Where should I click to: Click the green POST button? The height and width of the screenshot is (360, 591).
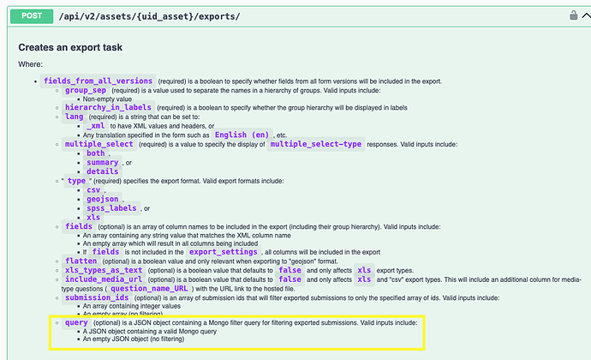[x=32, y=16]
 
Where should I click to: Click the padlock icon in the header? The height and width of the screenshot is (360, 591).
[x=573, y=15]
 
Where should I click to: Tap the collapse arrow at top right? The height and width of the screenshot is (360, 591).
[x=587, y=15]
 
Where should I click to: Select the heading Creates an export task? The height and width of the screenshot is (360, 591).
[x=70, y=47]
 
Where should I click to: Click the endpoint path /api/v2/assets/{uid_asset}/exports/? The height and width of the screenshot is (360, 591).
[x=149, y=16]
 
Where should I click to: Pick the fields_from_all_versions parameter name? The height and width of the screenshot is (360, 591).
[x=98, y=81]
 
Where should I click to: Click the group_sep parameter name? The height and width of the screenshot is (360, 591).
[x=86, y=91]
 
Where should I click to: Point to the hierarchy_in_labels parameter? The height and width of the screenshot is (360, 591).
[x=108, y=107]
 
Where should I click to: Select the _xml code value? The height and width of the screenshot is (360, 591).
[x=95, y=126]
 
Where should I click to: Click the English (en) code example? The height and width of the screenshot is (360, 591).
[x=242, y=135]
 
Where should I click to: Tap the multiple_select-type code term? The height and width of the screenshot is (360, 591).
[x=316, y=144]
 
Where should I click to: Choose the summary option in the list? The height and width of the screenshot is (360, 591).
[x=103, y=163]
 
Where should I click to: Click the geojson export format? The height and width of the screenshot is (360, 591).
[x=103, y=199]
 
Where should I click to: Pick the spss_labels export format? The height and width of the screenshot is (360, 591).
[x=111, y=208]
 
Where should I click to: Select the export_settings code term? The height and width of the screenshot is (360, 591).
[x=224, y=252]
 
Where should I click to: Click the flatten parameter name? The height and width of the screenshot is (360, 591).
[x=81, y=261]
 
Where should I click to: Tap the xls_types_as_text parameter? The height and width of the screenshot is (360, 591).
[x=104, y=271]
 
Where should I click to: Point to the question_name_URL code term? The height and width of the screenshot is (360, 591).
[x=149, y=289]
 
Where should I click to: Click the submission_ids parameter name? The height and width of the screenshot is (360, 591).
[x=97, y=297]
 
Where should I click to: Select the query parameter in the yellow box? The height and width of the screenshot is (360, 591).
[x=76, y=322]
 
